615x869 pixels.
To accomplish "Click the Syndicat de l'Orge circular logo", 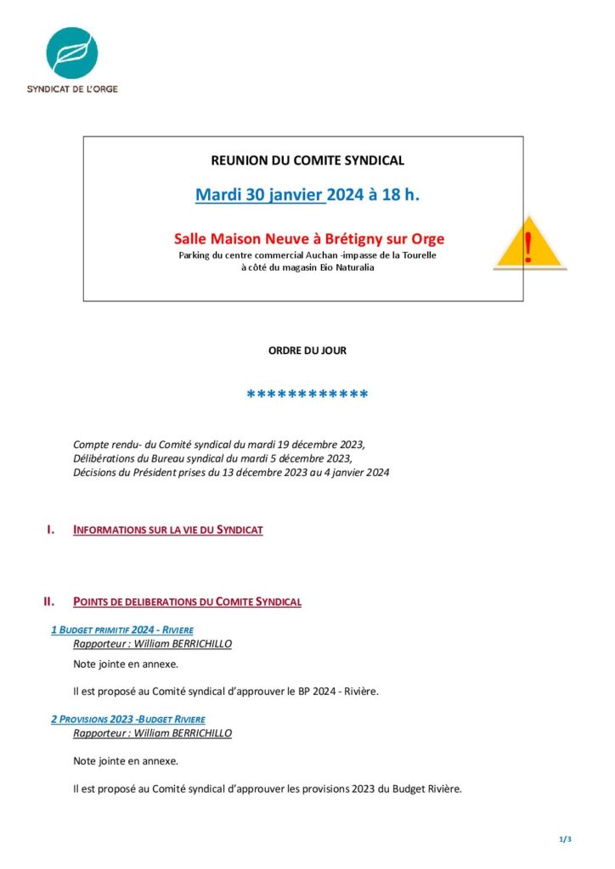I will coord(71,53).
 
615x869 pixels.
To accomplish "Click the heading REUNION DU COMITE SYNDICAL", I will coord(307,160).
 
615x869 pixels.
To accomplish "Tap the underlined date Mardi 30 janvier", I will coord(260,195).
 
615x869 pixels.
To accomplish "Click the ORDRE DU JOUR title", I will coord(307,350).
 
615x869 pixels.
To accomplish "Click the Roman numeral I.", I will coord(51,530).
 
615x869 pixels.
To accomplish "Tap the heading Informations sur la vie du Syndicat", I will coord(168,530).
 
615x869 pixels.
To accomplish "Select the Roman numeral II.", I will coord(49,602).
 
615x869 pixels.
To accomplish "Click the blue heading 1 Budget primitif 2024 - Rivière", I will coord(122,630).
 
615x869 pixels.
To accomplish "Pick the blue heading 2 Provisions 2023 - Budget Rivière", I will coord(127,719).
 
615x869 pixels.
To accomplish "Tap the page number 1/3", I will coord(565,839).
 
